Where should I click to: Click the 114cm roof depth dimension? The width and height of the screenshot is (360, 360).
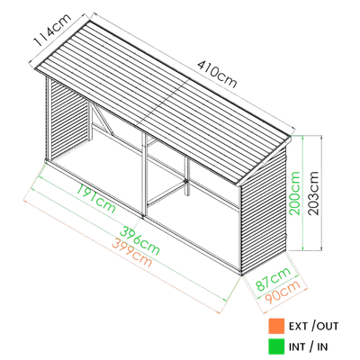click(x=52, y=29)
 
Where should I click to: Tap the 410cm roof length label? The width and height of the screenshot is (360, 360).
click(x=217, y=75)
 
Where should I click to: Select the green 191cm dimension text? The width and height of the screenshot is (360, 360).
click(x=96, y=199)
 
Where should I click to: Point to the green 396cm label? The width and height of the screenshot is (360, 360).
click(x=139, y=240)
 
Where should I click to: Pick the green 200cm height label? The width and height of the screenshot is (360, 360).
click(x=294, y=193)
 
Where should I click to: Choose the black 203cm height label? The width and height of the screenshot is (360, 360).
click(x=313, y=193)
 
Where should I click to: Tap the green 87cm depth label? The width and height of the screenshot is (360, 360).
click(x=273, y=279)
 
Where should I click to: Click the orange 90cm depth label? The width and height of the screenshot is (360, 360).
click(x=283, y=292)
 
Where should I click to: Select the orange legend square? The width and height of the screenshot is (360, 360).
click(x=276, y=326)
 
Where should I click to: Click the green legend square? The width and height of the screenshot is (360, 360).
click(x=276, y=346)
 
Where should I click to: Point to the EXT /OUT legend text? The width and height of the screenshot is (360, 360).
click(x=313, y=326)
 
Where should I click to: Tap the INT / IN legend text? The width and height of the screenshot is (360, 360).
click(x=308, y=346)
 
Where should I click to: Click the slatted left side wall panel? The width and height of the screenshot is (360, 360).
click(x=68, y=119)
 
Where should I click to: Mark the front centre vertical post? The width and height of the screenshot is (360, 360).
click(x=144, y=175)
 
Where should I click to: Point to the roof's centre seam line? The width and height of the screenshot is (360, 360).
click(x=164, y=103)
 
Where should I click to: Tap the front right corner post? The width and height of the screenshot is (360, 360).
click(x=239, y=230)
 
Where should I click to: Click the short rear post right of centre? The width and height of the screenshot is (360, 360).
click(x=187, y=177)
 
